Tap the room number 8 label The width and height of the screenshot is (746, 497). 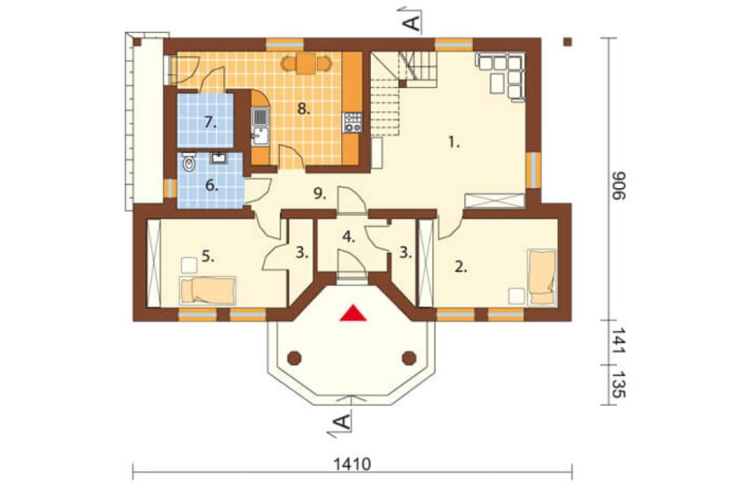coord(303,109)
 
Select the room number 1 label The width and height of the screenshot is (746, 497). coord(454,142)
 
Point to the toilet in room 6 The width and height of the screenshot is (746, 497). coord(189,163)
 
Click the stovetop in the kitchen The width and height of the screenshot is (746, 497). coord(353,122)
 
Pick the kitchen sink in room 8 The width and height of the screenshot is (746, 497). coord(260,125)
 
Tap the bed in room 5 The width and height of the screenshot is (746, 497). coord(207,290)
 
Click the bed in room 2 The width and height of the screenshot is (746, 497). coord(542,277)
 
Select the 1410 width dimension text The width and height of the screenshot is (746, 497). coord(352,463)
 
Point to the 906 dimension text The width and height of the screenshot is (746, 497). coord(618,186)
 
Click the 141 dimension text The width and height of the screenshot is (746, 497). coord(618,341)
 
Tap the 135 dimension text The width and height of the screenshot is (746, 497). coord(618,384)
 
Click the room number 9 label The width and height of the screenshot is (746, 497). coord(319,193)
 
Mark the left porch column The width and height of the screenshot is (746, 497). coord(295,357)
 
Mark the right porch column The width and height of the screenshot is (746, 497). coord(409,357)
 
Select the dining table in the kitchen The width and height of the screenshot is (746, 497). coord(306,63)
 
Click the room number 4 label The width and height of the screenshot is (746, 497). coord(348,237)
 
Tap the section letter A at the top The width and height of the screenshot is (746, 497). coord(414,22)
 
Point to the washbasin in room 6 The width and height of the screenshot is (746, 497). coord(219,157)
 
